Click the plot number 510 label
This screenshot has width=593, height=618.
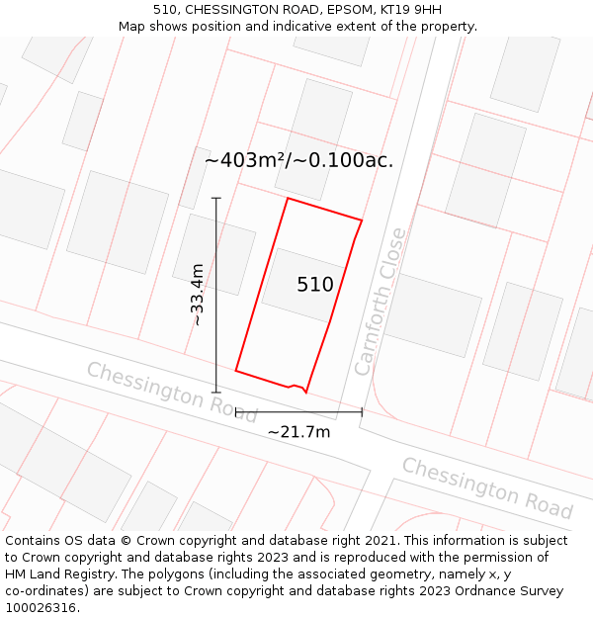pyautogui.click(x=315, y=285)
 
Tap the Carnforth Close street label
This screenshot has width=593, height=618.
pyautogui.click(x=381, y=302)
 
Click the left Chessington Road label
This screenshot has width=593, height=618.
pyautogui.click(x=171, y=392)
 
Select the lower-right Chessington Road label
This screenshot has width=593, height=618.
pyautogui.click(x=486, y=487)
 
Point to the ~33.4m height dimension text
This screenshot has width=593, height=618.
pyautogui.click(x=198, y=295)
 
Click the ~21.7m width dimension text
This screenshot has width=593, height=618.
pyautogui.click(x=298, y=431)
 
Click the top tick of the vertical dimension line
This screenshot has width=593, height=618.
pyautogui.click(x=216, y=198)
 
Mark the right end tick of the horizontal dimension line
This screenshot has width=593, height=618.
pyautogui.click(x=362, y=411)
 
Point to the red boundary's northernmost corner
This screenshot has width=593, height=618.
pyautogui.click(x=288, y=199)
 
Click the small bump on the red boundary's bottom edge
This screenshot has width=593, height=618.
pyautogui.click(x=296, y=386)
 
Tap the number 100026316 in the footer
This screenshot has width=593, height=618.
pyautogui.click(x=41, y=607)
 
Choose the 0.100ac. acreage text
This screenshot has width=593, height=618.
pyautogui.click(x=350, y=160)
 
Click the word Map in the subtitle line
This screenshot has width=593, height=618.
pyautogui.click(x=133, y=26)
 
